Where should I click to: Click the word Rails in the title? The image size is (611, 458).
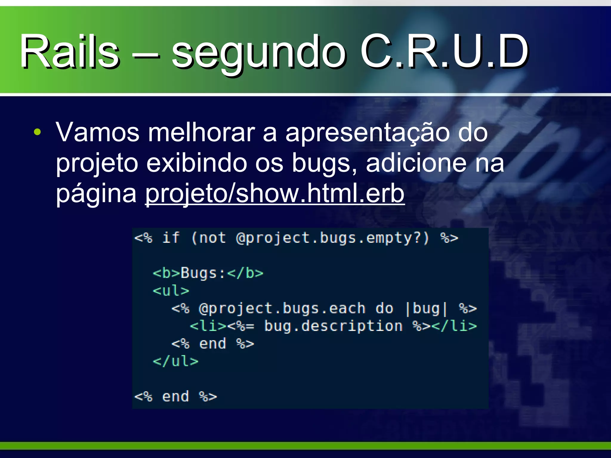tap(69, 51)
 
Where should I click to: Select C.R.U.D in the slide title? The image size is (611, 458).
tap(444, 51)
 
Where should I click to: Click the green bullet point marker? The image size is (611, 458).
tap(37, 132)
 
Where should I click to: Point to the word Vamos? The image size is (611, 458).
tap(98, 132)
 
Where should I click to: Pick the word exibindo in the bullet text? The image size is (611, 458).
tap(197, 163)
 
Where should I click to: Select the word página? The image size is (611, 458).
tap(96, 194)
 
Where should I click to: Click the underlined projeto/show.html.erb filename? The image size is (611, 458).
tap(274, 194)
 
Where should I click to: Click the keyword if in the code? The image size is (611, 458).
tap(171, 238)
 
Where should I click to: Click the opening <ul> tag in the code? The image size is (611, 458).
tap(171, 291)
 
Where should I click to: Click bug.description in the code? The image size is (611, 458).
tap(333, 326)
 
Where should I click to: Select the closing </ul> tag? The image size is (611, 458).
tap(175, 361)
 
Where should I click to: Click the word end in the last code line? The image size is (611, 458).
tap(175, 397)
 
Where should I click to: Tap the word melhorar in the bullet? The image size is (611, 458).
tap(201, 132)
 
